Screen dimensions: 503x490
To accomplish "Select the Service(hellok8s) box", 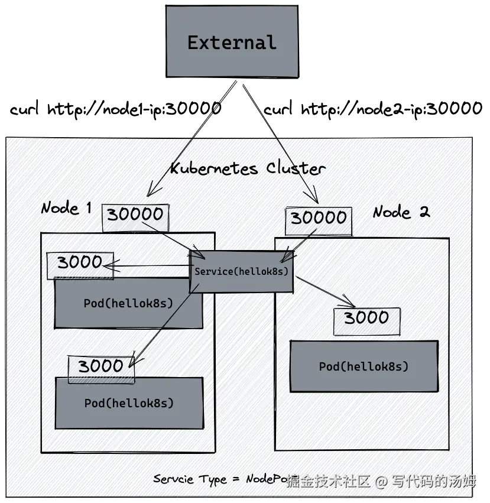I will [241, 271].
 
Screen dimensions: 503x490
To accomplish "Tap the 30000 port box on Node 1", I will [135, 216].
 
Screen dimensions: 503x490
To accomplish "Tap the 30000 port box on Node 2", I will [318, 220].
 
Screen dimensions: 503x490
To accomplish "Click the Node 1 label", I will [66, 208].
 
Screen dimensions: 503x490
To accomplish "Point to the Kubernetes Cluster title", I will [248, 168].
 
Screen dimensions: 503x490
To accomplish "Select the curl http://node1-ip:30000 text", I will [116, 109].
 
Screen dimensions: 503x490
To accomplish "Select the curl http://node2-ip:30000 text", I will [373, 109].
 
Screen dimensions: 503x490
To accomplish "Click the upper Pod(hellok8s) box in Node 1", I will [128, 304].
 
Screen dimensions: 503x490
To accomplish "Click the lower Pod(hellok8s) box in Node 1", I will [129, 403].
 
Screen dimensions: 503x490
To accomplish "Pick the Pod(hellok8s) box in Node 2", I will [364, 366].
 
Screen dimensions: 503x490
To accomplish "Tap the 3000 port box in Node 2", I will [366, 319].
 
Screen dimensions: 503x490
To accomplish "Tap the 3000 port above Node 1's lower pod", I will [100, 368].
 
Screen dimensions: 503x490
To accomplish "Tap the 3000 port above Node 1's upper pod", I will [80, 264].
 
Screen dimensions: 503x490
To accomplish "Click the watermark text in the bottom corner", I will [381, 482].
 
